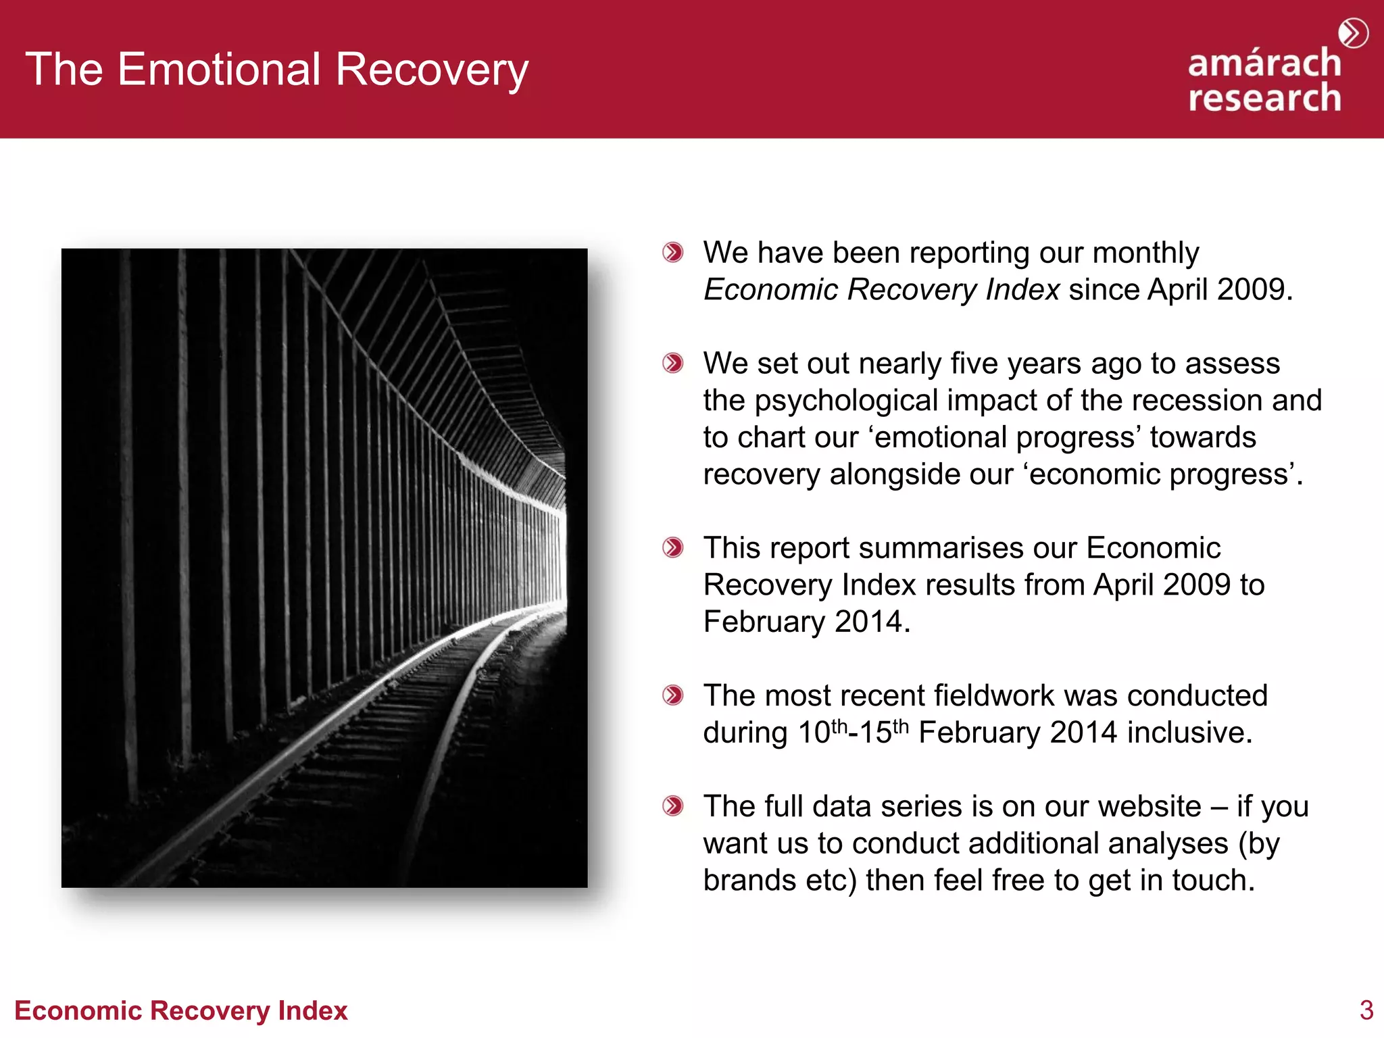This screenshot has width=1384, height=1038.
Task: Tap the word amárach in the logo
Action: pos(1264,63)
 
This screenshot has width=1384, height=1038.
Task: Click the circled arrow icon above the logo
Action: pos(1353,33)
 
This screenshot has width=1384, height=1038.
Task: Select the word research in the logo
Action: pos(1264,98)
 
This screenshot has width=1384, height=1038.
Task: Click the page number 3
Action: pos(1366,1010)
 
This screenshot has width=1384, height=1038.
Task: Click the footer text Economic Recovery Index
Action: pos(180,1010)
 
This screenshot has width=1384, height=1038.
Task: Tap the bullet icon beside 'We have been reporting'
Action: pos(672,252)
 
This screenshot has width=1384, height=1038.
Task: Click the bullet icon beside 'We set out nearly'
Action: pos(672,363)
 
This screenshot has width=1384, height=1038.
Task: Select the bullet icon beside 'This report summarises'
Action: pos(672,547)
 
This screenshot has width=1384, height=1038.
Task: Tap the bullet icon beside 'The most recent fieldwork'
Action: pos(672,695)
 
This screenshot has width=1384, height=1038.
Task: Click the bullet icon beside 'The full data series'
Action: pos(672,806)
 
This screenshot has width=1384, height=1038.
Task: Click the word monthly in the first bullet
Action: pos(1145,253)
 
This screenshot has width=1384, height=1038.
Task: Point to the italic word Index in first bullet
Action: pos(1022,290)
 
